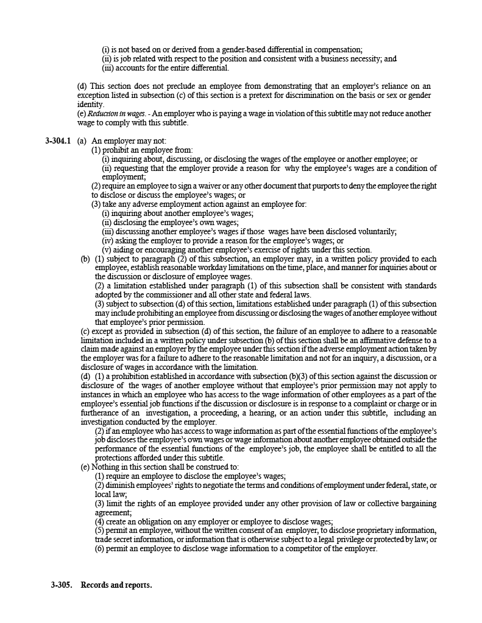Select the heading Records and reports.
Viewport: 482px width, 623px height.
click(116, 585)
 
